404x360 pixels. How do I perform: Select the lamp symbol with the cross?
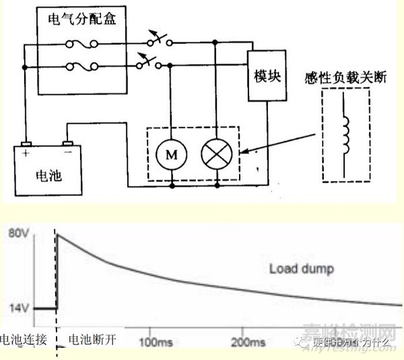(216, 154)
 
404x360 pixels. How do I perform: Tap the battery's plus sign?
(26, 151)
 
